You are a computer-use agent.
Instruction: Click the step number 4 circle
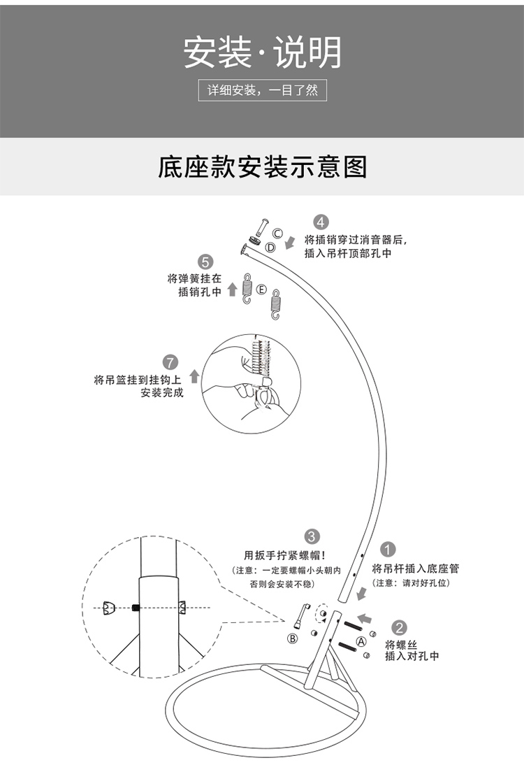[320, 222]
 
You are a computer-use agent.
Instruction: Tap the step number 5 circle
[205, 262]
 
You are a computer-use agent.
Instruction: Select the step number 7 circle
[170, 362]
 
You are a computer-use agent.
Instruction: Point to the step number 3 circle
[312, 537]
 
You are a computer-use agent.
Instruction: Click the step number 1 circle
[389, 550]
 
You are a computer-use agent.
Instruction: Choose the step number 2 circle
[400, 628]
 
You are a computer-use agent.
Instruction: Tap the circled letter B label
[293, 638]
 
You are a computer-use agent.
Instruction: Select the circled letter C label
[277, 233]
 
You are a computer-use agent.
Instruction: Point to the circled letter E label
[261, 288]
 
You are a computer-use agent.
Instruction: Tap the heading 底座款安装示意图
[262, 168]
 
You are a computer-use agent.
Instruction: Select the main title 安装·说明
[262, 52]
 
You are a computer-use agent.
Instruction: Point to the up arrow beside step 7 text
[194, 376]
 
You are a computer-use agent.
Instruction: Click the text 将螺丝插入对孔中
[412, 650]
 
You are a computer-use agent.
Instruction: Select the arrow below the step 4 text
[291, 241]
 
